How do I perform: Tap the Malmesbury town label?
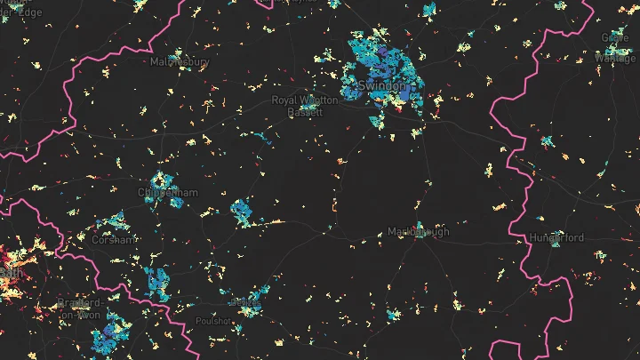pyautogui.click(x=179, y=62)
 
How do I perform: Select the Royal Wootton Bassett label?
pyautogui.click(x=305, y=106)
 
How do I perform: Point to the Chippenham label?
pyautogui.click(x=167, y=192)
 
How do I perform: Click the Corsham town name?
pyautogui.click(x=114, y=239)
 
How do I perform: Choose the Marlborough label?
pyautogui.click(x=419, y=232)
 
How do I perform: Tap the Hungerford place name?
pyautogui.click(x=556, y=238)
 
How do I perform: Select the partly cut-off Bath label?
pyautogui.click(x=7, y=271)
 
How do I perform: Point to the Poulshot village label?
pyautogui.click(x=213, y=320)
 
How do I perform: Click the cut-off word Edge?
pyautogui.click(x=28, y=12)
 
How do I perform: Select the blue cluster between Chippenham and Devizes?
pyautogui.click(x=242, y=212)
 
